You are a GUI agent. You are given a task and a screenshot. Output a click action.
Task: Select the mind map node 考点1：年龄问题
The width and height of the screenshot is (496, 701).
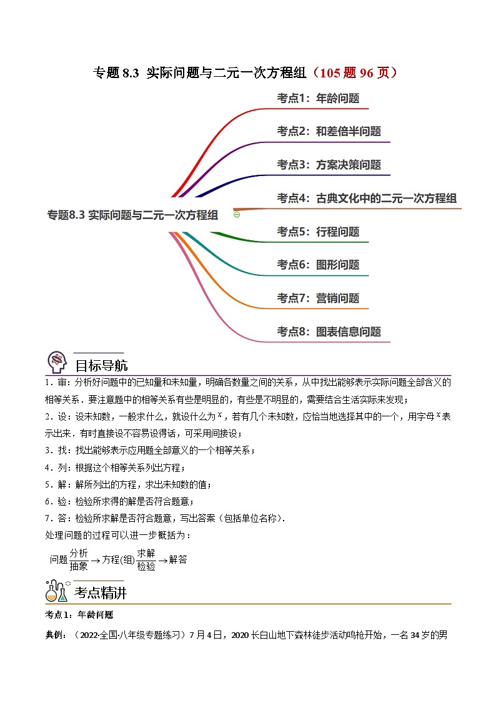click(x=318, y=98)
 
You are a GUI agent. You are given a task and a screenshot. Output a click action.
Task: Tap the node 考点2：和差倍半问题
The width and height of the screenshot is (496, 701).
click(x=329, y=131)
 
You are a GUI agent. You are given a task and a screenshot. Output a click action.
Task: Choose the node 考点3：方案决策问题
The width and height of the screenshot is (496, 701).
click(x=329, y=165)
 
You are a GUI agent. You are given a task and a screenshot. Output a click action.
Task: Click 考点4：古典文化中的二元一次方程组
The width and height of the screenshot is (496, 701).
click(x=367, y=199)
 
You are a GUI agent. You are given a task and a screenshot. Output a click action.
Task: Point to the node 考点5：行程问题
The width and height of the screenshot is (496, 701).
click(x=318, y=232)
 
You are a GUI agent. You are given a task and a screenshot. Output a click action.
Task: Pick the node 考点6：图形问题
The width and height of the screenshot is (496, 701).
click(x=318, y=265)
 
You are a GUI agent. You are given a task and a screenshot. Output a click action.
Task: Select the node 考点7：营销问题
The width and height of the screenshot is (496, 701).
click(x=318, y=298)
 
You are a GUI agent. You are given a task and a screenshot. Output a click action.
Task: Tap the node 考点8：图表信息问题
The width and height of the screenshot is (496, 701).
click(x=329, y=331)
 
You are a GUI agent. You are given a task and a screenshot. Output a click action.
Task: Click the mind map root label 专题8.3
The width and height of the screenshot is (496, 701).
click(x=132, y=215)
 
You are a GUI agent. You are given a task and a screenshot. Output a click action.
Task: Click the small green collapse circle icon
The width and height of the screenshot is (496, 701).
click(x=237, y=214)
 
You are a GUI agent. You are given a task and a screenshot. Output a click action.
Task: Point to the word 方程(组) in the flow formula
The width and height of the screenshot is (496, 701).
click(x=119, y=560)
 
